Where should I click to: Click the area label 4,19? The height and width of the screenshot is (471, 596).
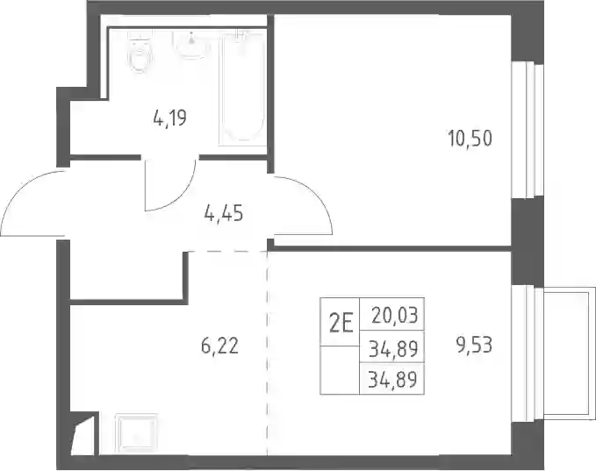tap(170, 118)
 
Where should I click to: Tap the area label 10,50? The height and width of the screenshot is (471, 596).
tap(470, 139)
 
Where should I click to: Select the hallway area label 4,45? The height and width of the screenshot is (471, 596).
tap(224, 213)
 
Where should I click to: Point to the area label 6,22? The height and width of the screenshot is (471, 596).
tap(219, 346)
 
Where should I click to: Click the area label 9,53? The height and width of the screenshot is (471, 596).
tap(474, 346)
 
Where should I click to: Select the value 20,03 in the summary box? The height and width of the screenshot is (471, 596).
tap(395, 315)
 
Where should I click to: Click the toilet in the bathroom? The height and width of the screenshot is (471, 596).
tap(140, 53)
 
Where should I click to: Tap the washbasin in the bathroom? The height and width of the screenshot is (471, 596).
tap(191, 45)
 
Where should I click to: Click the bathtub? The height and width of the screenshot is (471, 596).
tap(241, 88)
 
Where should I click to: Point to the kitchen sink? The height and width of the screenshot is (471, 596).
tap(136, 433)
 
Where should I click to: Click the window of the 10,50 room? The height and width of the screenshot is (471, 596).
tap(528, 130)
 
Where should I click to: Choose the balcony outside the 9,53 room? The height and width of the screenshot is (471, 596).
tap(569, 353)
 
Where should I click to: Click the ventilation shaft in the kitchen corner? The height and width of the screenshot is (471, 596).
tap(83, 434)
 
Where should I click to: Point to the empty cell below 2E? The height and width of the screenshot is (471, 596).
tap(340, 370)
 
